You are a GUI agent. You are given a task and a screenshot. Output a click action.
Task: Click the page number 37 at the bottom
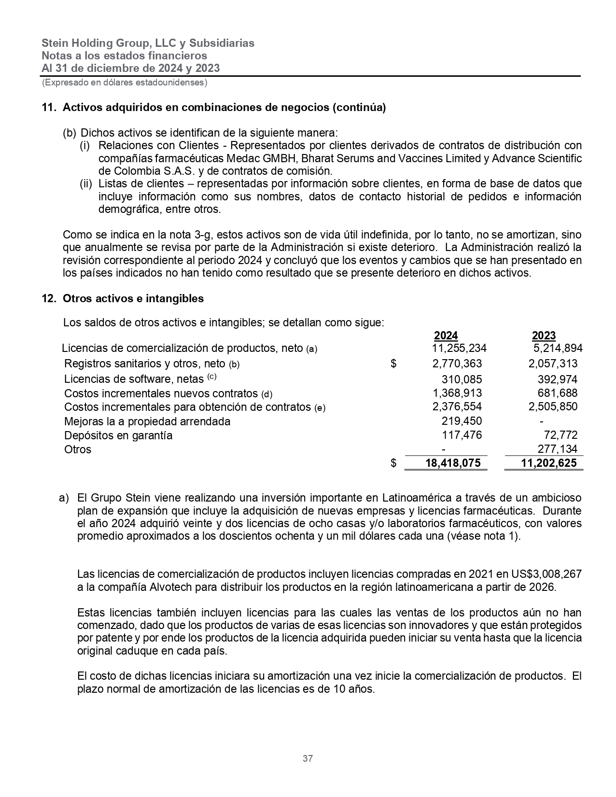pyautogui.click(x=308, y=758)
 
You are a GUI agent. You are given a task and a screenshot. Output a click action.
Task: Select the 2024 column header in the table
pyautogui.click(x=446, y=336)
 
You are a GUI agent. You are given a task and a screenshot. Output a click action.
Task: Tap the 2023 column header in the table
pyautogui.click(x=544, y=336)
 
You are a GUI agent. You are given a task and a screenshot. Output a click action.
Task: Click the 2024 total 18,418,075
pyautogui.click(x=453, y=463)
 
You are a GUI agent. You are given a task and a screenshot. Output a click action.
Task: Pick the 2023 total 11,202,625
pyautogui.click(x=549, y=463)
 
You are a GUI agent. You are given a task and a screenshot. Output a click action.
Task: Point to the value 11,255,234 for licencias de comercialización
pyautogui.click(x=459, y=349)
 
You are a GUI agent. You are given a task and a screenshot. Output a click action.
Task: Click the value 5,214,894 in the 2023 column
pyautogui.click(x=558, y=349)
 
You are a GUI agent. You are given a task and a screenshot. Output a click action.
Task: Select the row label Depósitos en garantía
pyautogui.click(x=118, y=435)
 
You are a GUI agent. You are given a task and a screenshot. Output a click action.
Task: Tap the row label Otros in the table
pyautogui.click(x=78, y=449)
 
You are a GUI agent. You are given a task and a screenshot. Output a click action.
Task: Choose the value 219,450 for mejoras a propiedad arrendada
pyautogui.click(x=462, y=421)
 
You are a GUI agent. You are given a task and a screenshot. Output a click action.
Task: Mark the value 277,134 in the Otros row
pyautogui.click(x=558, y=449)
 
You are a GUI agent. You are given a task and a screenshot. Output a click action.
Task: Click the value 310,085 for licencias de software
pyautogui.click(x=462, y=379)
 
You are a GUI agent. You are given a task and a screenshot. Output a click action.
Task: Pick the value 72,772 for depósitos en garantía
pyautogui.click(x=560, y=435)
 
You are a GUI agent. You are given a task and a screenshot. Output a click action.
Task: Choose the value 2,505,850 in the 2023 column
pyautogui.click(x=553, y=407)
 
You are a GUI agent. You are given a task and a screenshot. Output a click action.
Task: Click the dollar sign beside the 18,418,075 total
pyautogui.click(x=393, y=463)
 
